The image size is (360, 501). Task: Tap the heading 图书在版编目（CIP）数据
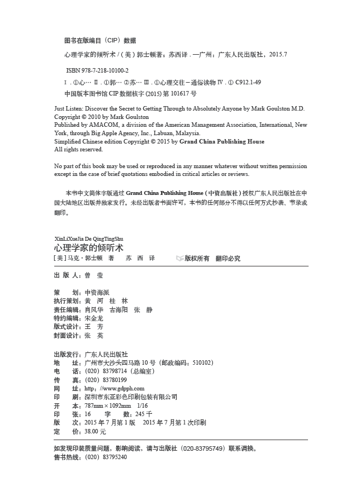(x=100, y=41)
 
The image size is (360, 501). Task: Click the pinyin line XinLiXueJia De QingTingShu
(x=89, y=238)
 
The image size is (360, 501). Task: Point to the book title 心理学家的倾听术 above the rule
(x=89, y=247)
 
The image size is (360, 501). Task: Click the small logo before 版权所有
(x=179, y=259)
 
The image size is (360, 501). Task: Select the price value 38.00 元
(x=95, y=432)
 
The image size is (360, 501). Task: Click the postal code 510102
(x=201, y=363)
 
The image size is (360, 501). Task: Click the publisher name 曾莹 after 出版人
(x=94, y=276)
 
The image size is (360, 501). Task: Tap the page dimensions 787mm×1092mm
(x=107, y=406)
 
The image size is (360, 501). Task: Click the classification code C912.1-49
(x=248, y=83)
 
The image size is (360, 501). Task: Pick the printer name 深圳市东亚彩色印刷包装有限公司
(x=130, y=397)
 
